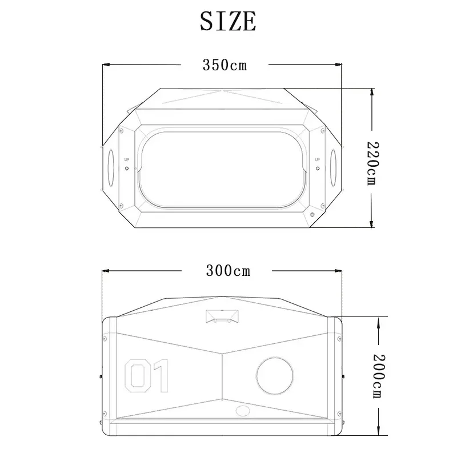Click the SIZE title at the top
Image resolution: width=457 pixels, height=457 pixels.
228,21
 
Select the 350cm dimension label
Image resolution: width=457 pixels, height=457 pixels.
225,65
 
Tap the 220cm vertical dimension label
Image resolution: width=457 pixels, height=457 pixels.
372,163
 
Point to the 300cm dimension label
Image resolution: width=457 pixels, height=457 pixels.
228,271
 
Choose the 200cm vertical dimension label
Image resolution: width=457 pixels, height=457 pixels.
379,376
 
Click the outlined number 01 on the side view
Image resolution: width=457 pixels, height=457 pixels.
147,376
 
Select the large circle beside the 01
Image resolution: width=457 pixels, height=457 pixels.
275,376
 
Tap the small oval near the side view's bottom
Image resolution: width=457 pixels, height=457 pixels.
243,411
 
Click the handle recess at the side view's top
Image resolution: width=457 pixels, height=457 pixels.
222,316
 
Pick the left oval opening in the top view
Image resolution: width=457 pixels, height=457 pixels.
111,167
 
